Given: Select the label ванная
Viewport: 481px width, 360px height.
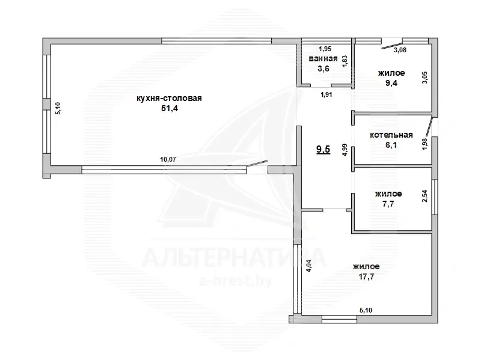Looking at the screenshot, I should click(322, 58).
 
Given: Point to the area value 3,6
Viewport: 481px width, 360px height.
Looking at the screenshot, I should click(323, 69).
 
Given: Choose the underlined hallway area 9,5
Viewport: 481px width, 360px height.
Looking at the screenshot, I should click(323, 150).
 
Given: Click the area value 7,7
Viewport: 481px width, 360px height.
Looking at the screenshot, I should click(388, 204).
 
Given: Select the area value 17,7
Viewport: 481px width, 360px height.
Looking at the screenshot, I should click(366, 276).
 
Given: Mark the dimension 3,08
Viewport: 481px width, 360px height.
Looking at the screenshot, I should click(400, 50).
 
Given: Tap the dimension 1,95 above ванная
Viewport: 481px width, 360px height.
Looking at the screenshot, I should click(325, 49).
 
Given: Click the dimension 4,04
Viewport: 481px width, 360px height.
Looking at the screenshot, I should click(309, 266).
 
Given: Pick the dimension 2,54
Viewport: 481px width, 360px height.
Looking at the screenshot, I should click(425, 196).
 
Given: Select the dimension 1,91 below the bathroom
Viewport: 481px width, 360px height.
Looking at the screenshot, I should click(326, 94).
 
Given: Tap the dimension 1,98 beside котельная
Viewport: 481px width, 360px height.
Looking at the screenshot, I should click(425, 145).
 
